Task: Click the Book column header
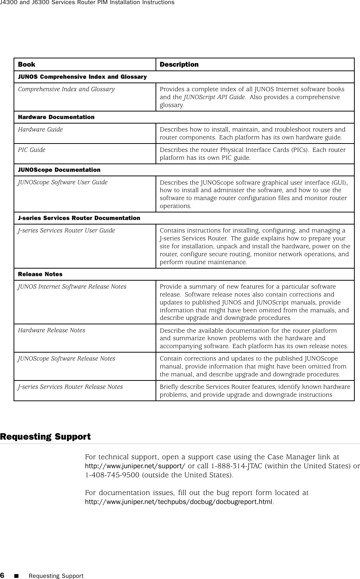27,64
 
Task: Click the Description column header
179,64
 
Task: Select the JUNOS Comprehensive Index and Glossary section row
82,77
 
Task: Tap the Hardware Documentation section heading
56,117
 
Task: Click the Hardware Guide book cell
41,130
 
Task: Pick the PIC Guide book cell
32,150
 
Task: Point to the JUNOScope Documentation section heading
59,170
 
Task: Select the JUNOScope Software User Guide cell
63,182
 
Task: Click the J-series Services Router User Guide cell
67,231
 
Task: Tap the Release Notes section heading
40,274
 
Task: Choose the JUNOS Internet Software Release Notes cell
72,287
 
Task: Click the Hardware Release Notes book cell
52,330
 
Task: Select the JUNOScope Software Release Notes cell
67,359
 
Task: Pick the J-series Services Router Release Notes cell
70,387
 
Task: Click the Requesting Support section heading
46,437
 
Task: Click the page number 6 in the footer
3,575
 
